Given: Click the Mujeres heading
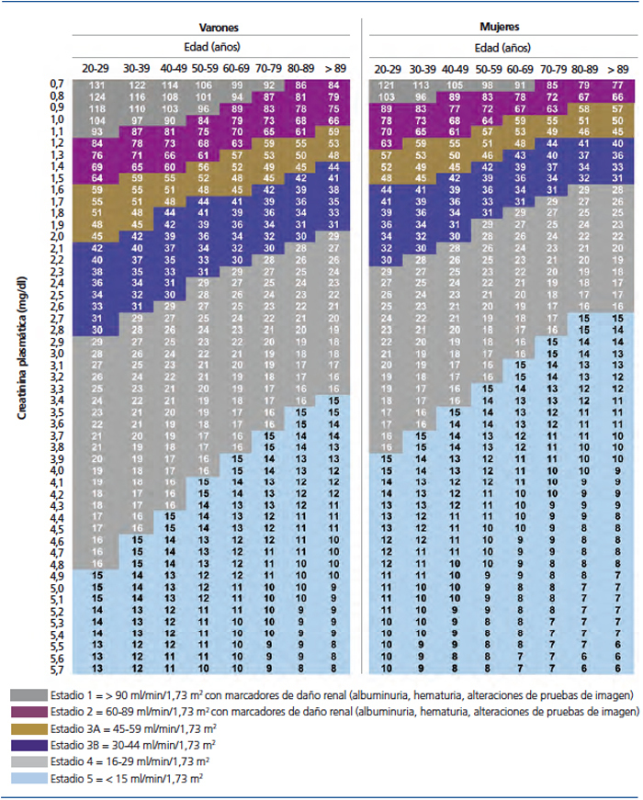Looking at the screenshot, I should click(501, 28).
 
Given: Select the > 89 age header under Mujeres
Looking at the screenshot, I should click(617, 68).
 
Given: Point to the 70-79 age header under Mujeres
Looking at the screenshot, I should click(553, 68).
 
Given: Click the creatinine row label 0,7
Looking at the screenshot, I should click(56, 85).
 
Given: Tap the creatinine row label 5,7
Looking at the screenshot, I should click(56, 670).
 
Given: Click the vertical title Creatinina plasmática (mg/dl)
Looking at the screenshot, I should click(20, 367).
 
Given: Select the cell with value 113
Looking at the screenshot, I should click(421, 85).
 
